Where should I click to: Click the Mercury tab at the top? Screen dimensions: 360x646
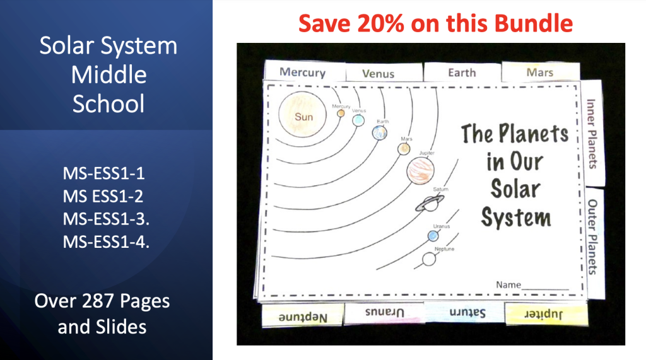(x=302, y=71)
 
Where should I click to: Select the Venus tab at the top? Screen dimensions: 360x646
(x=379, y=73)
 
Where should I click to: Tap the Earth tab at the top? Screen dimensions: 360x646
(x=462, y=73)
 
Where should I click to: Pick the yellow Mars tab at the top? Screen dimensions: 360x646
(x=540, y=73)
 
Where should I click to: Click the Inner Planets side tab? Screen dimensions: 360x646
(x=592, y=133)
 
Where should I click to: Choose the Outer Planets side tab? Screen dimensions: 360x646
(x=592, y=236)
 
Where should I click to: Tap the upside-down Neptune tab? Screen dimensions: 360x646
(x=303, y=316)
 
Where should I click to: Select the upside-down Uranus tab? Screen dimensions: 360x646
(x=384, y=313)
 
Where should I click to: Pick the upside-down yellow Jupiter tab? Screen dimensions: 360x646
(x=546, y=313)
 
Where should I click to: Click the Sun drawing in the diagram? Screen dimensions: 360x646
(x=303, y=117)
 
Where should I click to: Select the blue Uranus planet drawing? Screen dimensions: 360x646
(x=433, y=236)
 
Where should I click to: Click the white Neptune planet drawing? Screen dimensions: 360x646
(x=430, y=258)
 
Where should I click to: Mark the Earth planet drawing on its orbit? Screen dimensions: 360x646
(x=379, y=132)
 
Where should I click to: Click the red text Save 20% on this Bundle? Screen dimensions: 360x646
(x=435, y=24)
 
